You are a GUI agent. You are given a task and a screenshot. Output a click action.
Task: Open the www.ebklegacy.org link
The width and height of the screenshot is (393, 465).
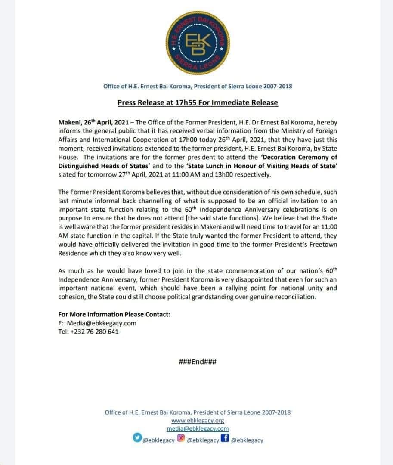pos(198,421)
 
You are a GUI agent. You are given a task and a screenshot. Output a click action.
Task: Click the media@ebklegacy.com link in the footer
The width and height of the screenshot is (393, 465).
pos(198,429)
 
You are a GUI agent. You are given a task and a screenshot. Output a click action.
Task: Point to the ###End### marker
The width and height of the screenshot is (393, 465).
pos(198,362)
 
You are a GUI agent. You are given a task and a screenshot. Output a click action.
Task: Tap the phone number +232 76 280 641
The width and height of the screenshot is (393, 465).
pos(94,332)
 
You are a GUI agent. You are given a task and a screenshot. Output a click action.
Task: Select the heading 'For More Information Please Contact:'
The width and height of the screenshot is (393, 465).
pos(114,314)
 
